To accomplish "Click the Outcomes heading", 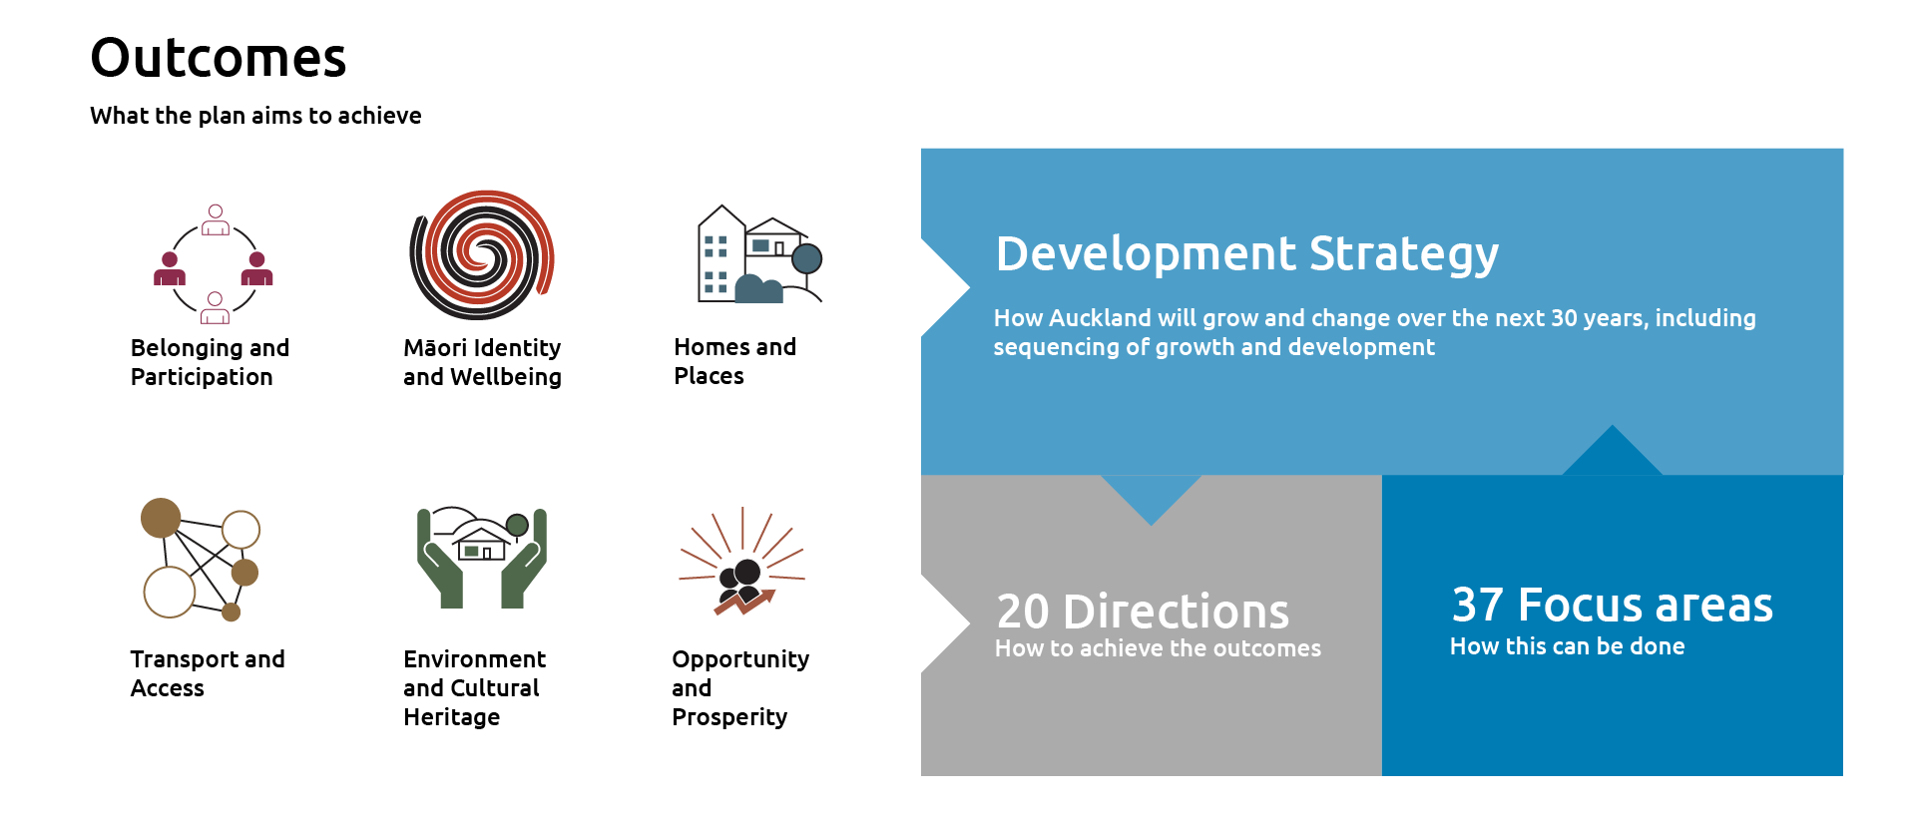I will point(218,58).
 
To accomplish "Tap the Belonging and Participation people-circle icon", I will point(214,264).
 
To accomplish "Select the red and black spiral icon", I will point(482,255).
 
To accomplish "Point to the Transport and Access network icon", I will point(201,559).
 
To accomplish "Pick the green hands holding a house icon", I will point(482,557).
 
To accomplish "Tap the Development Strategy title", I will point(1246,253).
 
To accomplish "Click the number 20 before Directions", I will point(1023,612).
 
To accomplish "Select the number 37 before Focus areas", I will point(1478,605).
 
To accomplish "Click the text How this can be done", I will point(1567,646).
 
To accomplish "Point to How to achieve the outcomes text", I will point(1158,648).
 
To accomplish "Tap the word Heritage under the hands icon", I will point(451,717).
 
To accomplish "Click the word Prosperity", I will point(729,717).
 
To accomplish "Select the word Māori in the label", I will point(435,348).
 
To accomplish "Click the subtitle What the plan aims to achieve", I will point(255,116).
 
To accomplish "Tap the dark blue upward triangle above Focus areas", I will point(1612,455).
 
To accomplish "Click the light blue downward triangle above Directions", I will point(1151,496).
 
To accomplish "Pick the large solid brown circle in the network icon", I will point(161,518).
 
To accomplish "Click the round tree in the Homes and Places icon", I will point(806,259).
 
